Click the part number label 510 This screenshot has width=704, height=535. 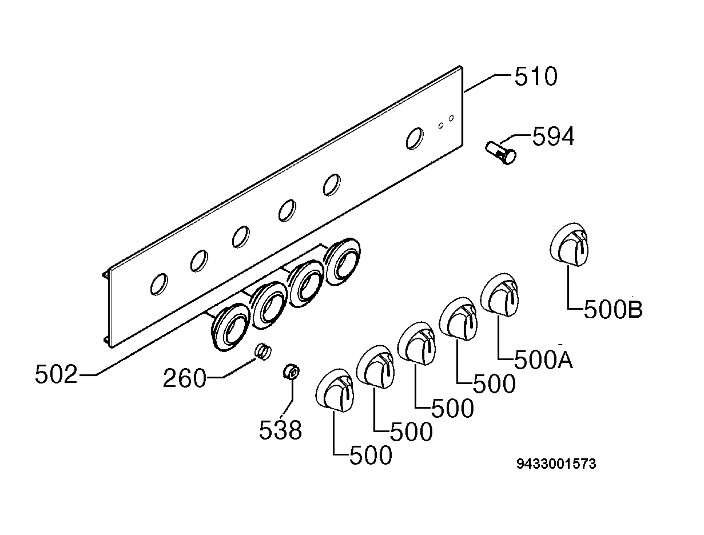(536, 76)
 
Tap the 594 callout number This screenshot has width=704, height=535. (553, 136)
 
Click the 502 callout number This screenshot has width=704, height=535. (56, 374)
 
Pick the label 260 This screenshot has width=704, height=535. (185, 378)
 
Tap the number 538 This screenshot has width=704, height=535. (280, 430)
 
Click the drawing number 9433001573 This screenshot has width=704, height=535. (556, 464)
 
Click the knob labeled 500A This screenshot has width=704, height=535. (499, 295)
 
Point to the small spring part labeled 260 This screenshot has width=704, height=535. (263, 351)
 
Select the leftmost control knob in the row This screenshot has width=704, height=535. (334, 390)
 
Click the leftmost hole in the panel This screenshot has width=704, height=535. (159, 284)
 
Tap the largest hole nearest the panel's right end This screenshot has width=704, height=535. (415, 138)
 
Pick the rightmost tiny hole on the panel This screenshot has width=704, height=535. (451, 118)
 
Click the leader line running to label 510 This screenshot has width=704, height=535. (488, 83)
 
